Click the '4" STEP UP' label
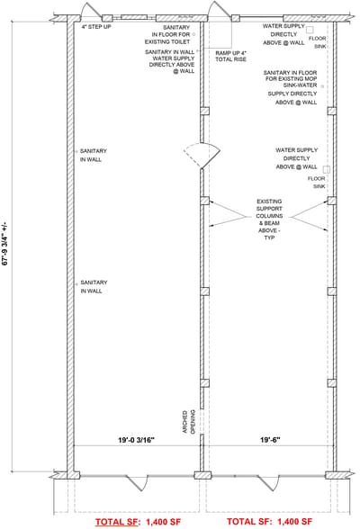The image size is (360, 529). click(95, 27)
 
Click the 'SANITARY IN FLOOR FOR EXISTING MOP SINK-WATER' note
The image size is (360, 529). click(291, 81)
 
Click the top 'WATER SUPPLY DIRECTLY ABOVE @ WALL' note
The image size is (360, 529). click(283, 35)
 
